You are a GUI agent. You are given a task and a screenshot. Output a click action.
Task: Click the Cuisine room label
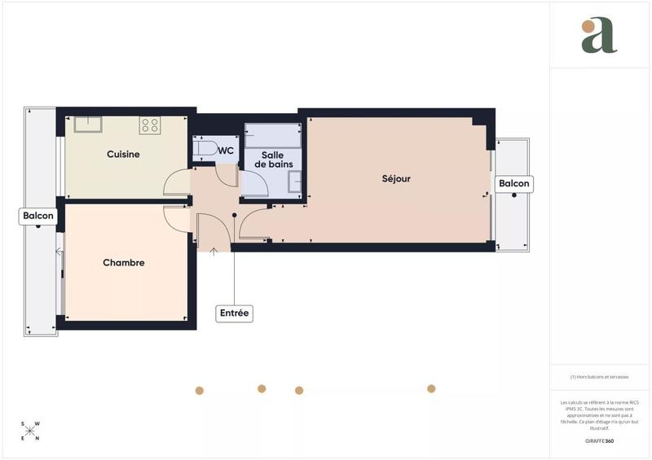click(123, 154)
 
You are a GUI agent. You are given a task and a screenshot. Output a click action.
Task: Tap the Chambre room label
click(124, 263)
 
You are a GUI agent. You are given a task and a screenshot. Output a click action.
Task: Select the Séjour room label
click(396, 178)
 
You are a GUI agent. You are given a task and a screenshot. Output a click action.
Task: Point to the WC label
click(226, 151)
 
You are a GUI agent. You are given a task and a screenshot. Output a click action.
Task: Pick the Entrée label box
click(234, 313)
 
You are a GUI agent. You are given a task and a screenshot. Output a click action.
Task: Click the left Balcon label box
click(38, 216)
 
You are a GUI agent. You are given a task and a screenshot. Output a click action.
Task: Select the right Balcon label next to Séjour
click(514, 184)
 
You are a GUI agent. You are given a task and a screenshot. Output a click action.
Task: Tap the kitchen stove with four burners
click(149, 125)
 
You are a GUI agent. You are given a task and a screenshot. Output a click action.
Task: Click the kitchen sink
click(87, 124)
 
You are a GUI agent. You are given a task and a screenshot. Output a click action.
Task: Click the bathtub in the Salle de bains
click(272, 134)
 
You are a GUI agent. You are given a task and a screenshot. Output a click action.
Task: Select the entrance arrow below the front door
click(214, 252)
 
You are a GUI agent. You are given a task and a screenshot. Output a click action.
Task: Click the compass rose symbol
click(31, 430)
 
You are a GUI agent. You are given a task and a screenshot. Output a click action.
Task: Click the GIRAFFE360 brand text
click(599, 440)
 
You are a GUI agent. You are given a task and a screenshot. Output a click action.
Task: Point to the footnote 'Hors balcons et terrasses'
click(599, 377)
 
